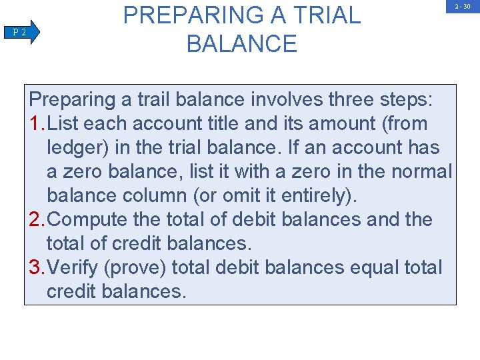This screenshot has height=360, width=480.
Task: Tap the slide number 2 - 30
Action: point(463,7)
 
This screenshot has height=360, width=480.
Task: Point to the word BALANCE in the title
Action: point(242,44)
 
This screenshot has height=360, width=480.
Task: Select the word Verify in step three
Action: point(74,268)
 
